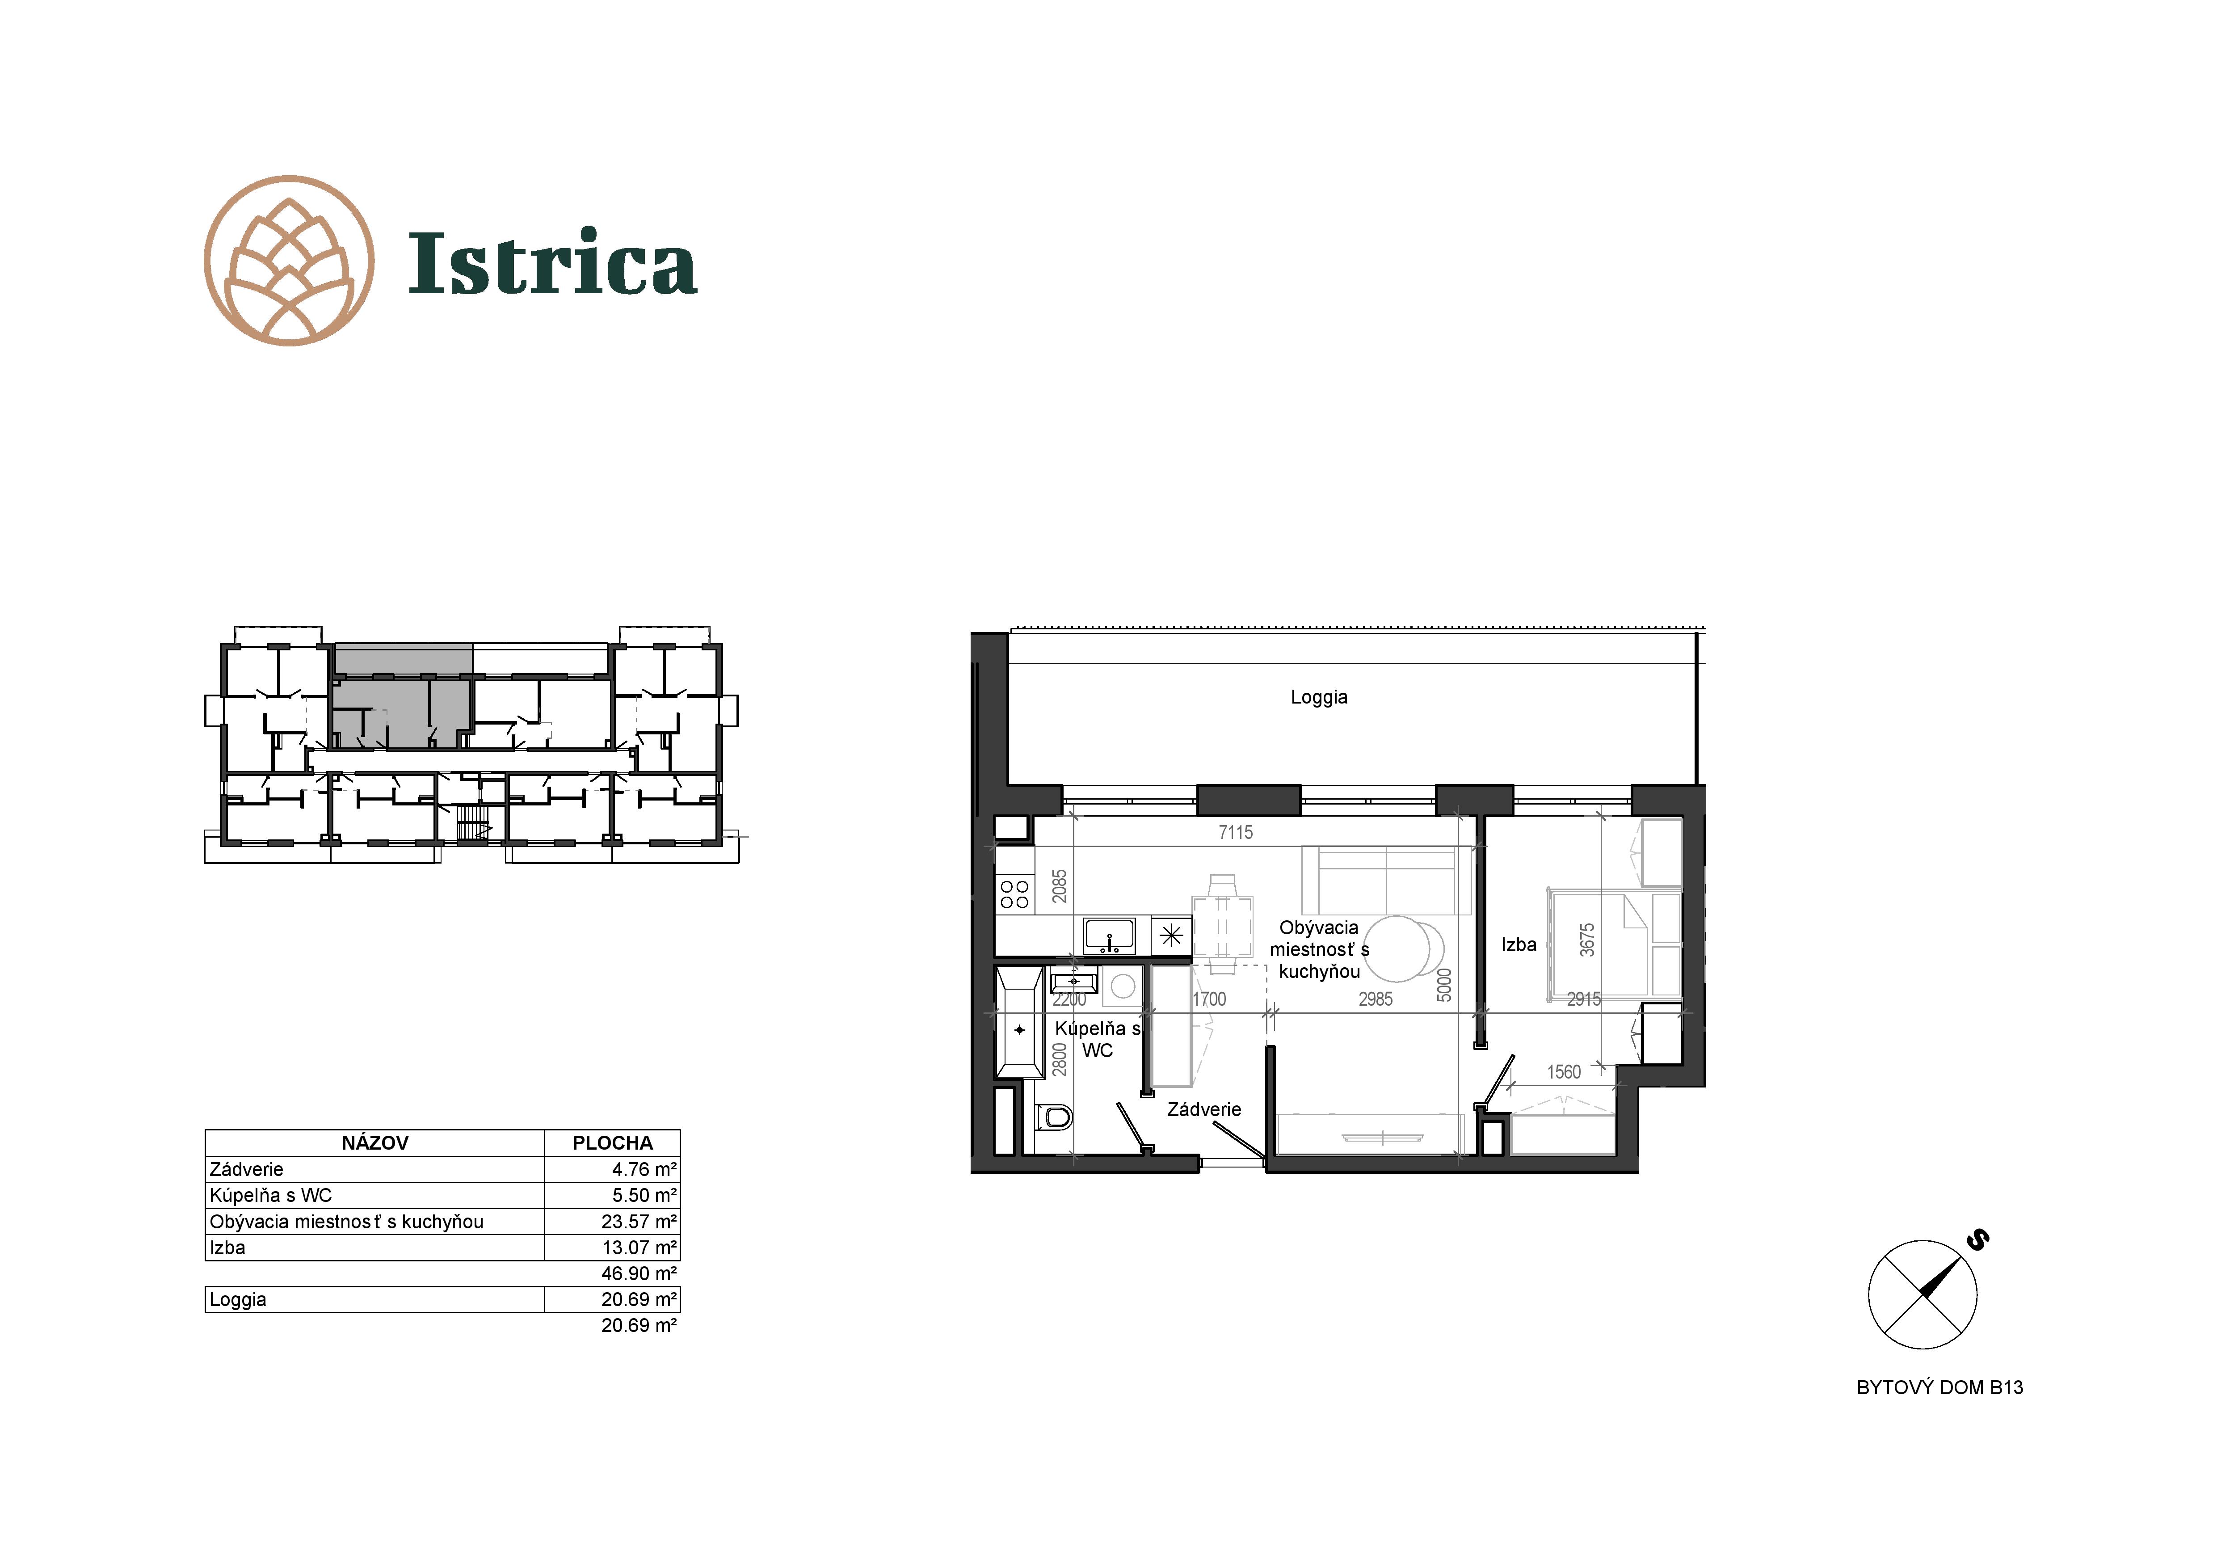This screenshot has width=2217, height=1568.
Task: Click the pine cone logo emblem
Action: tap(289, 261)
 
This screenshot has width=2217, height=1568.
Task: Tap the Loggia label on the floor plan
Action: tap(1319, 697)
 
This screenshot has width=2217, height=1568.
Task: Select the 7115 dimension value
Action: tap(1236, 832)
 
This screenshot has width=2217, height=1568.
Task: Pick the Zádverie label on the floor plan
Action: tap(1204, 1109)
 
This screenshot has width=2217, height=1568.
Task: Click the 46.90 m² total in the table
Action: tap(639, 1273)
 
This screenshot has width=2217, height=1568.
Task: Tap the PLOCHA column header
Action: tap(612, 1143)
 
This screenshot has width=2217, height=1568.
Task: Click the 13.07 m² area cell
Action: tap(639, 1248)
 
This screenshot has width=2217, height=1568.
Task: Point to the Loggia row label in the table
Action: tap(238, 1299)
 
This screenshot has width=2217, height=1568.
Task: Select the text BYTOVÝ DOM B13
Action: tap(1940, 1387)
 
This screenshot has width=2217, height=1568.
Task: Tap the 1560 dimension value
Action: tap(1564, 1072)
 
